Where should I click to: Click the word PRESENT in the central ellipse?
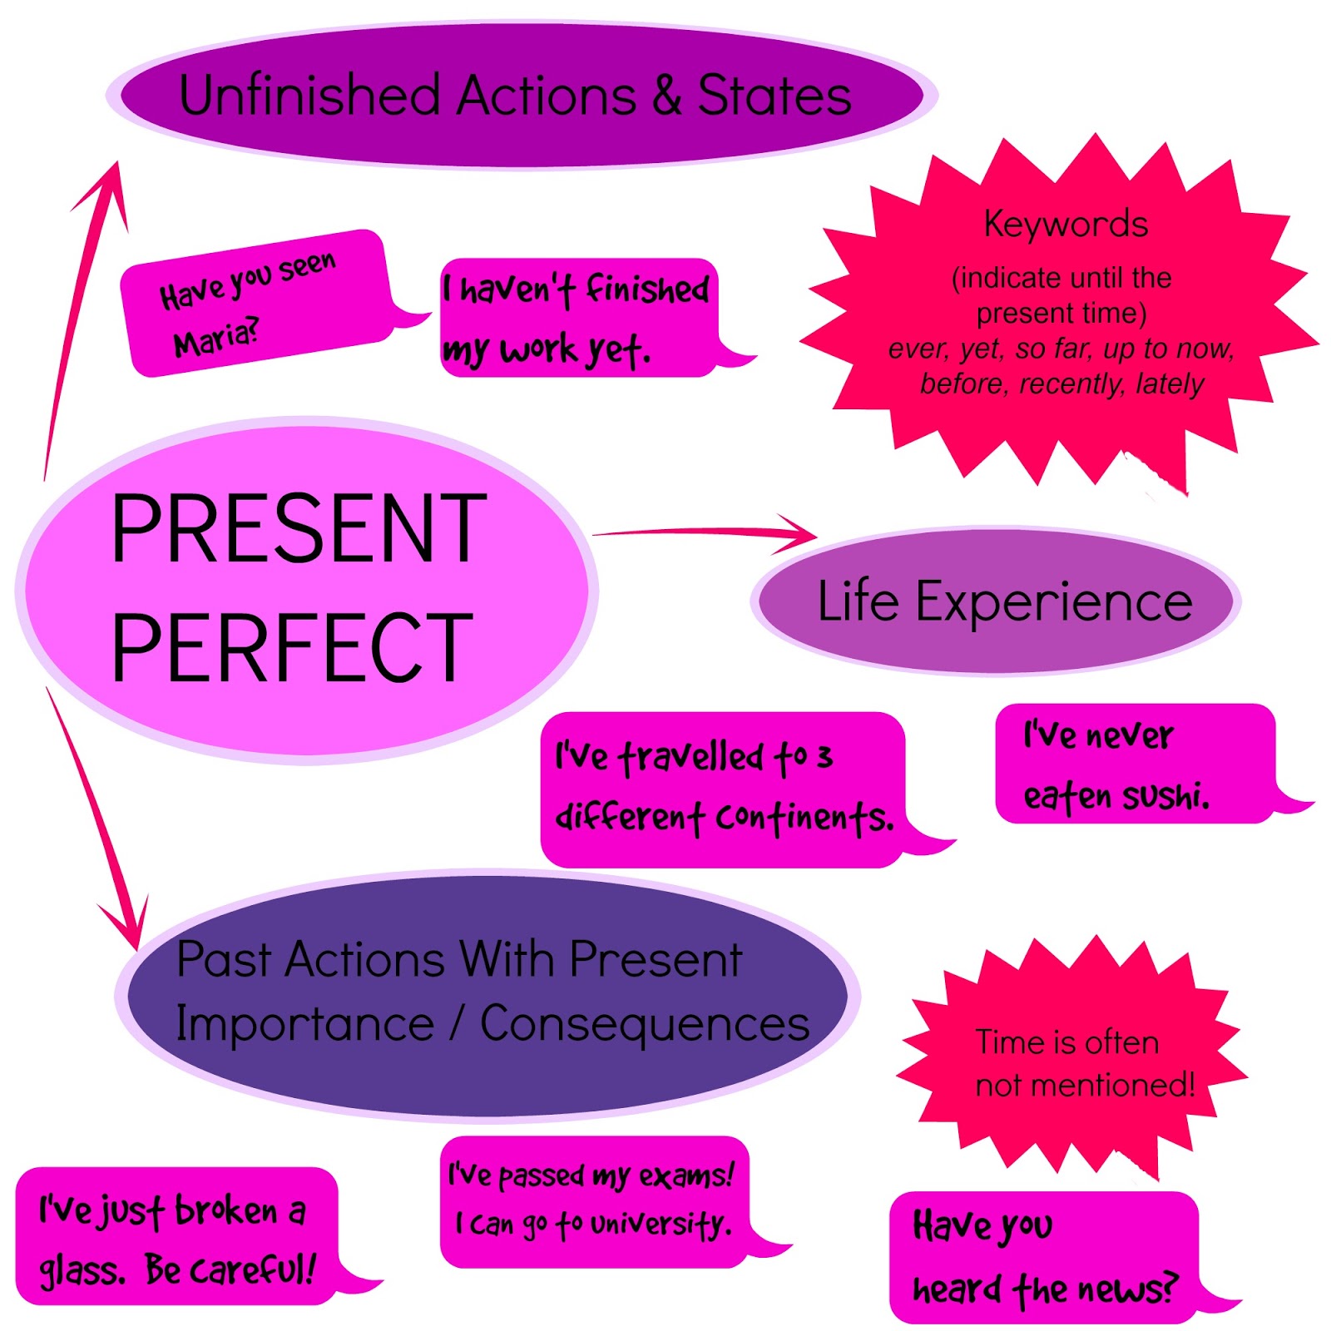[298, 528]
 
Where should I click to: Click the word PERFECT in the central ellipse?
[291, 647]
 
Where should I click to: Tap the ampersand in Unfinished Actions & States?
[666, 95]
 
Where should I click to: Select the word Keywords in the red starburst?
[1065, 224]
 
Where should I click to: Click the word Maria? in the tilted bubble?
[216, 337]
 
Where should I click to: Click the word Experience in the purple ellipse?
[1053, 601]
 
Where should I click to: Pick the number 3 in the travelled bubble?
[824, 757]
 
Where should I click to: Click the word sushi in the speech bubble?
[1165, 796]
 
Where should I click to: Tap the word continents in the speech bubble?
[804, 818]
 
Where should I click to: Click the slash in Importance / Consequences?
[457, 1023]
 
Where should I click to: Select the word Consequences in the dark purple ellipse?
[645, 1023]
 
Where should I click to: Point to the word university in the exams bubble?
[660, 1224]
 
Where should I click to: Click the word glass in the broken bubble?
[81, 1270]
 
